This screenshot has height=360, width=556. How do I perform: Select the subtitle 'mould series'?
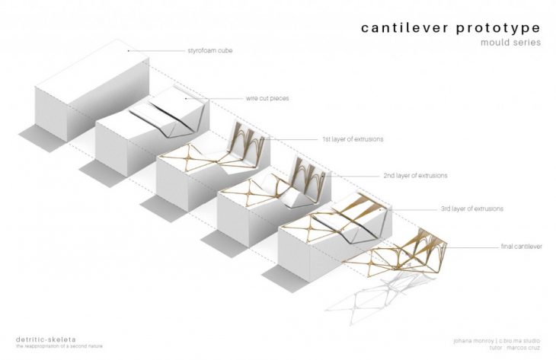(510, 43)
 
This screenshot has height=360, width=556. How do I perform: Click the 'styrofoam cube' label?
(209, 51)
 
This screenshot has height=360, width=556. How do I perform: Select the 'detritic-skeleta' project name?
(40, 338)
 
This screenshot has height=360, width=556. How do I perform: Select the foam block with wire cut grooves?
(145, 137)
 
